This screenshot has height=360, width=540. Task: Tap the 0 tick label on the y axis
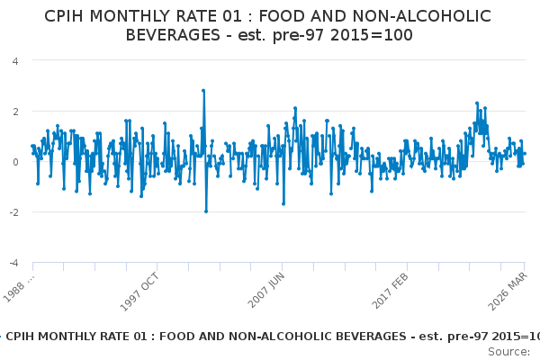click(x=16, y=162)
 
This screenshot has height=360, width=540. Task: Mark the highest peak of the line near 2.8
click(x=203, y=91)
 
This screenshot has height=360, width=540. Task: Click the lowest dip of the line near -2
click(x=205, y=211)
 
